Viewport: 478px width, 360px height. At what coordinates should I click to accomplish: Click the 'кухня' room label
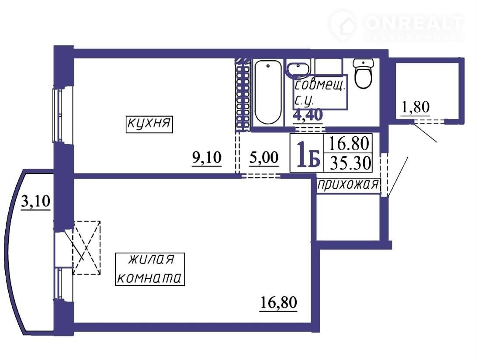(x=149, y=124)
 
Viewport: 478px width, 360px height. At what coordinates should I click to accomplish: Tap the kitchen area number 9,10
(x=207, y=158)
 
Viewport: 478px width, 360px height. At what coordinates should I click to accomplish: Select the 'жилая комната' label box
(x=150, y=269)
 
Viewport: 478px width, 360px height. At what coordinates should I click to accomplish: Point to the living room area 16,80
(x=278, y=303)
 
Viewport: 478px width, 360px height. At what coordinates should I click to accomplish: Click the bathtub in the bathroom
(x=268, y=92)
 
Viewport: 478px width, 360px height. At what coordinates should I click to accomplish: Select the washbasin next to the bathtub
(x=298, y=69)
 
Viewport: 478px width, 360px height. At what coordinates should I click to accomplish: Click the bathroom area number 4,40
(x=308, y=115)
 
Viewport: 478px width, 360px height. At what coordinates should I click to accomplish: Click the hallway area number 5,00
(x=264, y=158)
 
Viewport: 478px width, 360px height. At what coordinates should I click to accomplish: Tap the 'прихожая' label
(x=348, y=185)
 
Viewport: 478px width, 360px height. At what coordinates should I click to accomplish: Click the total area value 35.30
(x=350, y=163)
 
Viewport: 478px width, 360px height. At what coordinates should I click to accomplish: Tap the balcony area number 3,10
(x=35, y=201)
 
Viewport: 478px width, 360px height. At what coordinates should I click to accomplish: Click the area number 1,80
(x=416, y=107)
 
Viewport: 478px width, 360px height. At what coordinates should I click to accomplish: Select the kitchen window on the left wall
(x=58, y=115)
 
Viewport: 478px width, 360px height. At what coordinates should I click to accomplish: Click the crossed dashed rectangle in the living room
(x=86, y=248)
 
